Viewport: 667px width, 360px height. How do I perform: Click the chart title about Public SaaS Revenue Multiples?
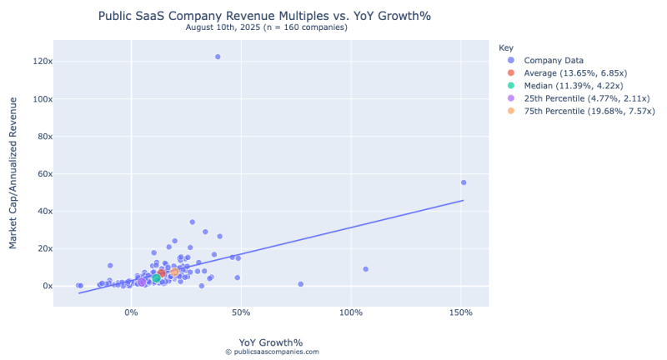pyautogui.click(x=270, y=16)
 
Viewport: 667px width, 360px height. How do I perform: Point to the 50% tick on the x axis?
pyautogui.click(x=241, y=312)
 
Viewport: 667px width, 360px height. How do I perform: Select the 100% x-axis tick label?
pyautogui.click(x=351, y=312)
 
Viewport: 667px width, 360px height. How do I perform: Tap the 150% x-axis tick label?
pyautogui.click(x=461, y=312)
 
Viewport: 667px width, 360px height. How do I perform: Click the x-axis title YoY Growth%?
pyautogui.click(x=271, y=342)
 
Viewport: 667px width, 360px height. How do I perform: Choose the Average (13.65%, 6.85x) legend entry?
pyautogui.click(x=581, y=73)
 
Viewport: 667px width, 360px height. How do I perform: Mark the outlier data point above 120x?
pyautogui.click(x=218, y=57)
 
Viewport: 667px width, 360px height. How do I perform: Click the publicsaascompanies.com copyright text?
pyautogui.click(x=271, y=352)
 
